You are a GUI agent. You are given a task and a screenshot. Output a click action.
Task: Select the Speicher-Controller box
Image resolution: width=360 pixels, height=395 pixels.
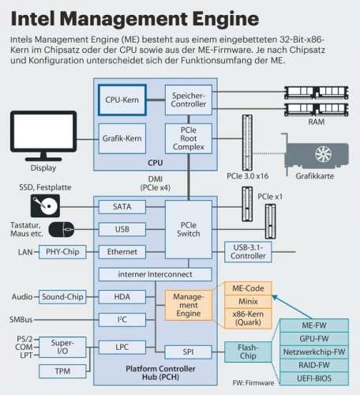(189, 100)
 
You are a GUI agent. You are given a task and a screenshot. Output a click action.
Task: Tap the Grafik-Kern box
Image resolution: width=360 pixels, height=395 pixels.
(121, 137)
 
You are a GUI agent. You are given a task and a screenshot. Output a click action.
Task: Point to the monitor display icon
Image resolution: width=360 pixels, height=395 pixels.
(43, 135)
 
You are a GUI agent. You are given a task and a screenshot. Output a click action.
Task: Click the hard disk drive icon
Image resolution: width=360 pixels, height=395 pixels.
(44, 207)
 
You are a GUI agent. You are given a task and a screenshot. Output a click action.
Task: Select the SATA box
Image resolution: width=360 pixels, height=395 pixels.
(121, 206)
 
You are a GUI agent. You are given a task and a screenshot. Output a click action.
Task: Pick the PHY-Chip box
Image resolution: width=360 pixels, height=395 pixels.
(62, 251)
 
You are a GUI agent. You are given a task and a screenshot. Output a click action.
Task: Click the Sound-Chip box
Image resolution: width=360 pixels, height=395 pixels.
(62, 297)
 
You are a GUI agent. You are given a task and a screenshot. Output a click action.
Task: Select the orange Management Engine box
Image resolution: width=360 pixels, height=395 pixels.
(189, 303)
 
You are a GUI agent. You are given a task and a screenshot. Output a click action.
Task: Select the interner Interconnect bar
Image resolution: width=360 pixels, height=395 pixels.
(155, 274)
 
